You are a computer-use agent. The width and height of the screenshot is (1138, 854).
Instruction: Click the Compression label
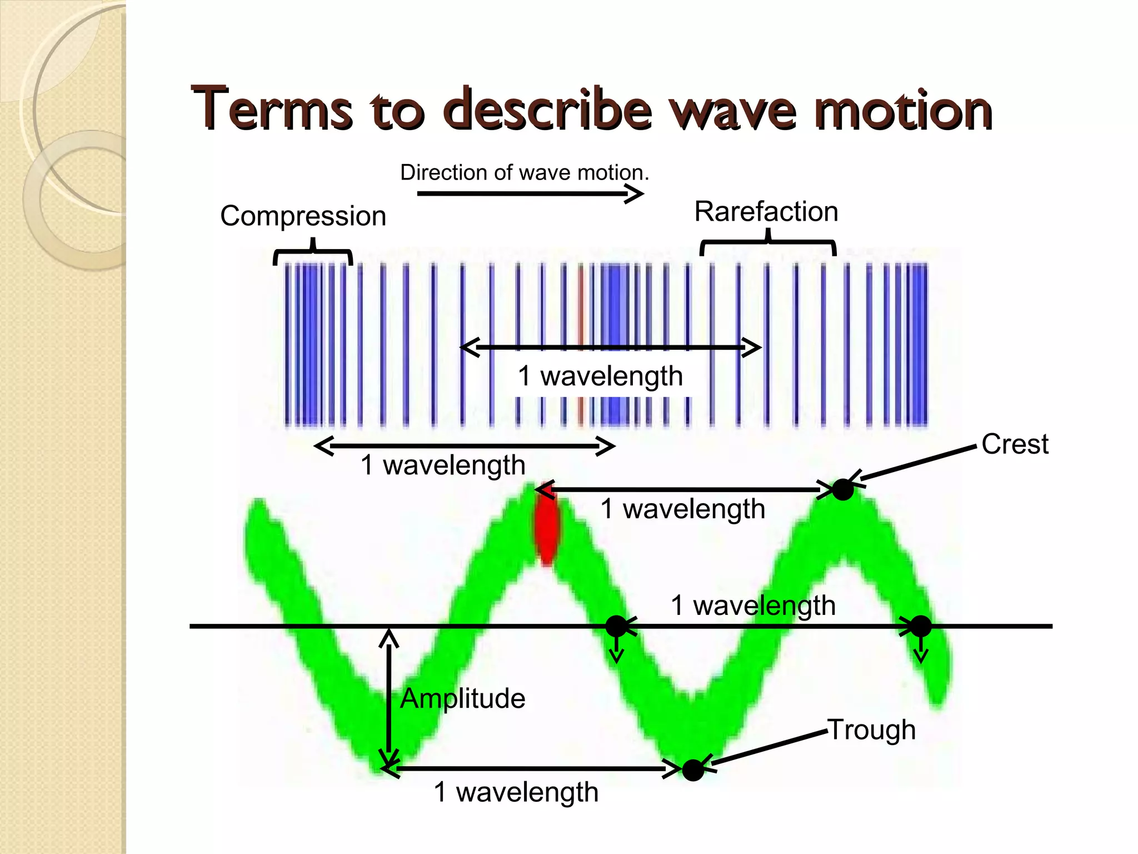click(x=303, y=216)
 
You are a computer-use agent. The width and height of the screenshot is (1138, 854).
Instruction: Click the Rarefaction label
click(x=766, y=211)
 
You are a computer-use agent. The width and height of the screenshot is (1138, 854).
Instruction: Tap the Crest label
click(x=1015, y=444)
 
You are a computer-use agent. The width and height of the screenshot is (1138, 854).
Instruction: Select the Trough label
click(x=871, y=729)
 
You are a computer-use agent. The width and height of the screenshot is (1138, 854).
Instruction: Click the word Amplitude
click(x=462, y=698)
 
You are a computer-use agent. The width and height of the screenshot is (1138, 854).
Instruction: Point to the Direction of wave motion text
click(x=524, y=172)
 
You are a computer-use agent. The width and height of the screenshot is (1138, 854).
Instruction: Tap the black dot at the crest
click(x=842, y=490)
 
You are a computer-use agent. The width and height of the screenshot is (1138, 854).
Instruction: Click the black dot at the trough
click(x=693, y=771)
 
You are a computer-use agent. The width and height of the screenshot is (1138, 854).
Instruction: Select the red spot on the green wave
click(x=547, y=531)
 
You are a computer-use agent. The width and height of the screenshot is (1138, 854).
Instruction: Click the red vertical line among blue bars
click(x=581, y=345)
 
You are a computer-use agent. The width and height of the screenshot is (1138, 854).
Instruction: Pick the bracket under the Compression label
click(x=313, y=253)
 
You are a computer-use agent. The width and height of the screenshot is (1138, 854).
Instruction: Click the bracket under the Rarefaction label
click(x=768, y=245)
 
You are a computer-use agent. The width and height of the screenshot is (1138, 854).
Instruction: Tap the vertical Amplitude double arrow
click(x=388, y=698)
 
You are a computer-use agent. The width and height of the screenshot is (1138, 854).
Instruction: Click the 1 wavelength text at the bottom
click(x=516, y=792)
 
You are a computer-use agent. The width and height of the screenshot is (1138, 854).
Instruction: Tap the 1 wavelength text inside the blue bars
click(x=600, y=376)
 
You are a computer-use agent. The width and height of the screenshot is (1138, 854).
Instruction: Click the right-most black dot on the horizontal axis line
click(x=921, y=626)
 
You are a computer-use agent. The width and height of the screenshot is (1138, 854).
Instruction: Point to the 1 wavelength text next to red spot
click(x=682, y=509)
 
